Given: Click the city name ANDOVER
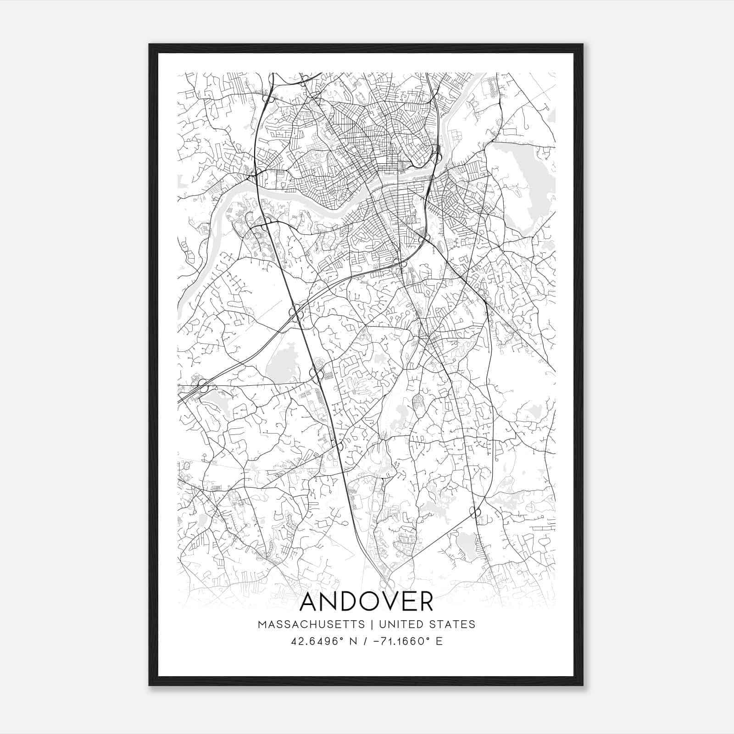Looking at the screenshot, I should pyautogui.click(x=367, y=602).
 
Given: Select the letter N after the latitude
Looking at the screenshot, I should pyautogui.click(x=352, y=641).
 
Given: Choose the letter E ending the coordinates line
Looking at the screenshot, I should pyautogui.click(x=439, y=641).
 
